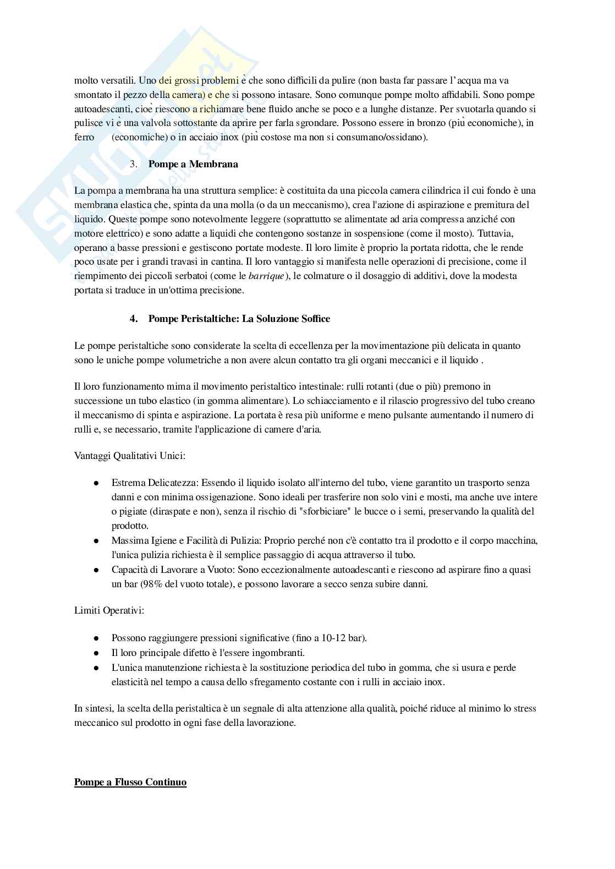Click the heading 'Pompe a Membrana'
pyautogui.click(x=193, y=164)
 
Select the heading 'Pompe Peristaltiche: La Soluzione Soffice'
pyautogui.click(x=239, y=319)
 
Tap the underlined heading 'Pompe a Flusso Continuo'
pyautogui.click(x=130, y=782)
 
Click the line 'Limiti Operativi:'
pyautogui.click(x=109, y=610)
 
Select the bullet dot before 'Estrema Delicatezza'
pyautogui.click(x=96, y=483)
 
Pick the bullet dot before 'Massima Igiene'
pyautogui.click(x=96, y=541)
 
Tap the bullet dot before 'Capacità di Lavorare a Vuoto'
pyautogui.click(x=96, y=570)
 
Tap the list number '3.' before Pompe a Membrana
pyautogui.click(x=134, y=164)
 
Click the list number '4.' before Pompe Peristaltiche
pyautogui.click(x=134, y=319)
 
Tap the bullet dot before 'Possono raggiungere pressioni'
pyautogui.click(x=96, y=638)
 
